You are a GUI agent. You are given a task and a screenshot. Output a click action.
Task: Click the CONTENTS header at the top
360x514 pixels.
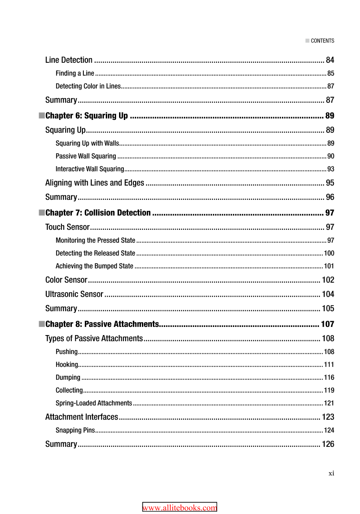click(322, 41)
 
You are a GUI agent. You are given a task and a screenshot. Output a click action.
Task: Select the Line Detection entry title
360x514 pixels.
click(69, 60)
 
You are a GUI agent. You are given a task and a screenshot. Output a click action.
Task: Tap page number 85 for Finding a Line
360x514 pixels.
click(330, 73)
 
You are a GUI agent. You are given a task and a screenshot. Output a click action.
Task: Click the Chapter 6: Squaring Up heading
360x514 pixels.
click(86, 116)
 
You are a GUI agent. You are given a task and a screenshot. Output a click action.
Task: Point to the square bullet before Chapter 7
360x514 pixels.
click(41, 213)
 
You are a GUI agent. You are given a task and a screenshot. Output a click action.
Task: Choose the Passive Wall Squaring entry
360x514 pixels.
click(86, 156)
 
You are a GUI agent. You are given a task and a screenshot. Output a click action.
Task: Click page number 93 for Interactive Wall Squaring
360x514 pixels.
click(330, 169)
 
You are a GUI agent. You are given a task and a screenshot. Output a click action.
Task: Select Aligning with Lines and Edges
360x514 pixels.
click(94, 183)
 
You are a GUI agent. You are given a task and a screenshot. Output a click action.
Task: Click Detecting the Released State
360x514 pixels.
click(95, 253)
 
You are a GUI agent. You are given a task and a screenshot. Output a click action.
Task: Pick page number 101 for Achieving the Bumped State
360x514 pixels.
click(329, 266)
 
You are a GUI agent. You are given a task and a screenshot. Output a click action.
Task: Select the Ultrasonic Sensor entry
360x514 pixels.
click(74, 294)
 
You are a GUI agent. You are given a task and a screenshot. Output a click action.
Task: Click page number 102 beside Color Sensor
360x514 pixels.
click(328, 280)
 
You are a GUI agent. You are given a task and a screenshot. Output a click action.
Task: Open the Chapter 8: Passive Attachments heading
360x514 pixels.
click(102, 325)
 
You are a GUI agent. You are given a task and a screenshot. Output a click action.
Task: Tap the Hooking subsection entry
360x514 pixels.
click(67, 365)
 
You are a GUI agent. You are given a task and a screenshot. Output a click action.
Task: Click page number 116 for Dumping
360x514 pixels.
click(329, 377)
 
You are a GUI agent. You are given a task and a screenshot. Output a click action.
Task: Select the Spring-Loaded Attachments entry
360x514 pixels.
click(94, 403)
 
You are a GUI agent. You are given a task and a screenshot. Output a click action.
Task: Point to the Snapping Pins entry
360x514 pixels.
click(75, 431)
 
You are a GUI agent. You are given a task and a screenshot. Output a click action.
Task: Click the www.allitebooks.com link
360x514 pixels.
click(180, 508)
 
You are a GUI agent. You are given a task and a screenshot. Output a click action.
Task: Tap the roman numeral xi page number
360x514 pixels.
click(331, 473)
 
